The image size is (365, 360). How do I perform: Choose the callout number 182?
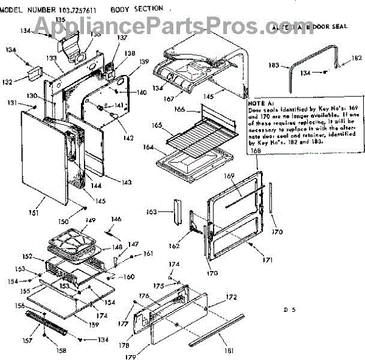(356, 58)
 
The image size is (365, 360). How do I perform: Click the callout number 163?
(163, 212)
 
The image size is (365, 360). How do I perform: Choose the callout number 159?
(94, 324)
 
